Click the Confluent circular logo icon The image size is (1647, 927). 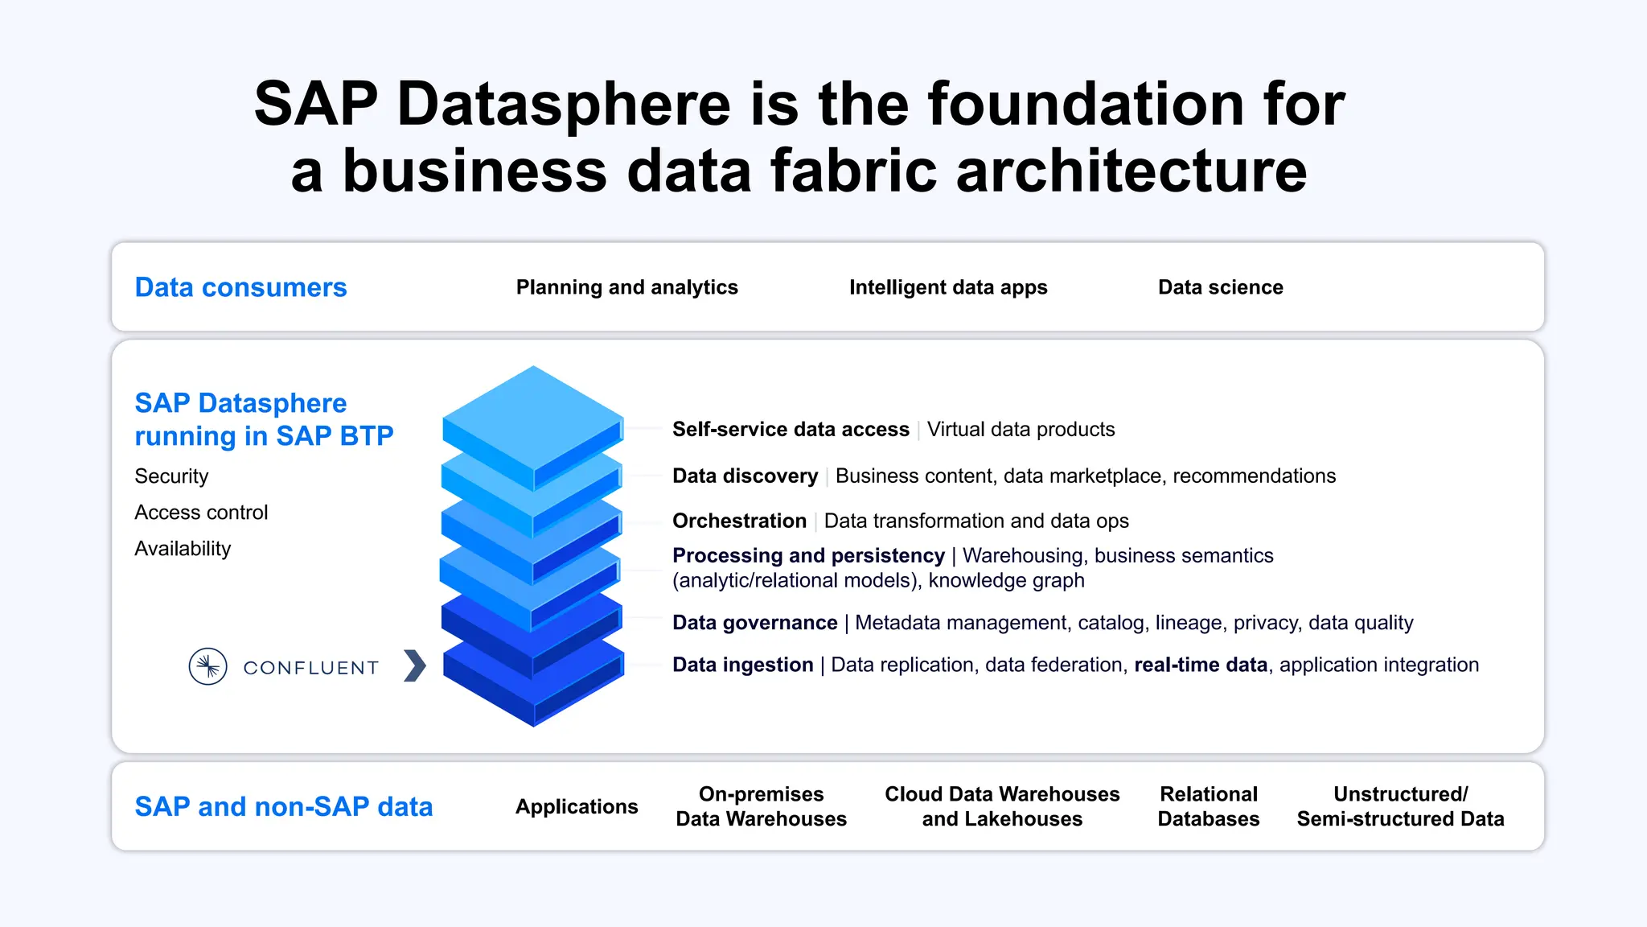click(x=207, y=666)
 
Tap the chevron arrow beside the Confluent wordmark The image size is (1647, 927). click(x=414, y=665)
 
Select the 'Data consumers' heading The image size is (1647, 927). click(x=240, y=287)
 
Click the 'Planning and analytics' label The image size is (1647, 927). click(x=626, y=287)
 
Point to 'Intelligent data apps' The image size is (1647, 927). click(x=948, y=287)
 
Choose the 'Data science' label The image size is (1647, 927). click(x=1220, y=287)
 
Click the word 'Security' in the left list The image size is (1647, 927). click(x=171, y=476)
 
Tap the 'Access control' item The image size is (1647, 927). click(x=201, y=513)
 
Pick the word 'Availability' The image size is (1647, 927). click(x=183, y=549)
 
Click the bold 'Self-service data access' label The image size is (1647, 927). click(x=791, y=430)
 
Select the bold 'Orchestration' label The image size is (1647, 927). click(x=739, y=521)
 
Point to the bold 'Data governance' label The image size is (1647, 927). click(x=754, y=623)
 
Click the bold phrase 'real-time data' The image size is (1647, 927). click(x=1200, y=665)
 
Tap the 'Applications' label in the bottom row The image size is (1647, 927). click(x=577, y=806)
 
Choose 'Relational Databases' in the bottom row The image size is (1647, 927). click(x=1208, y=806)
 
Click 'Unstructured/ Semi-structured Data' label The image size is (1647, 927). click(x=1400, y=806)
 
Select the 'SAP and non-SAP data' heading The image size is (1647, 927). click(x=283, y=806)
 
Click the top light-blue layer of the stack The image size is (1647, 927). click(x=532, y=414)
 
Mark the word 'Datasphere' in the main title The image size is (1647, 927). click(x=564, y=104)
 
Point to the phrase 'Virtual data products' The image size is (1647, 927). click(x=1021, y=430)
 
